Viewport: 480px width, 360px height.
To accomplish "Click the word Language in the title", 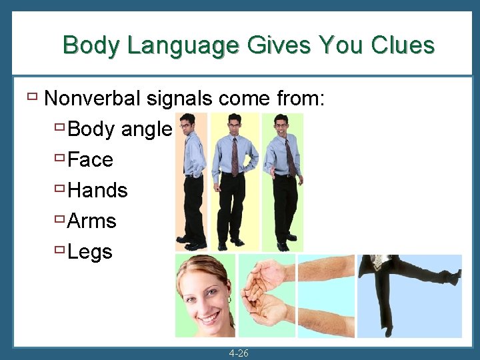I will [182, 45].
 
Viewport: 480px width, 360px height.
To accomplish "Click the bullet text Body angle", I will [120, 129].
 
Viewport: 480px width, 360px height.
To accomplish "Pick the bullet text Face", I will [91, 160].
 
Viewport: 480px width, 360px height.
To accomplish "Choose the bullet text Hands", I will [97, 191].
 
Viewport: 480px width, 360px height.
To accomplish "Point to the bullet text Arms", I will [92, 221].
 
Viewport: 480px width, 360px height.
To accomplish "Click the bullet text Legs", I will [90, 252].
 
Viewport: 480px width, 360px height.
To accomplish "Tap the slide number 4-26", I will [238, 353].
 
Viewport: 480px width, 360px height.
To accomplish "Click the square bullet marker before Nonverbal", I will [32, 97].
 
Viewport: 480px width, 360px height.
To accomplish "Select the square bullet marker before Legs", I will [59, 251].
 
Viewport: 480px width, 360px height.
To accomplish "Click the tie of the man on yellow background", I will [235, 157].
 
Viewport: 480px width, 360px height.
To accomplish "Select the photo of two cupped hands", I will [267, 295].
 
